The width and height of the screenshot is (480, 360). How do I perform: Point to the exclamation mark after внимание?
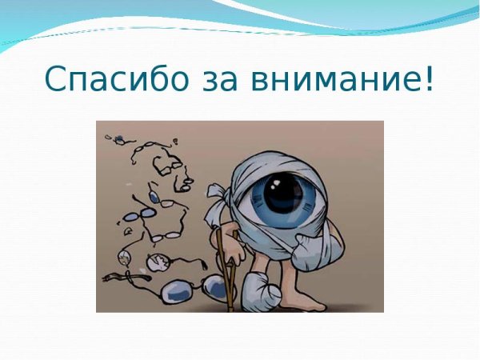click(429, 78)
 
